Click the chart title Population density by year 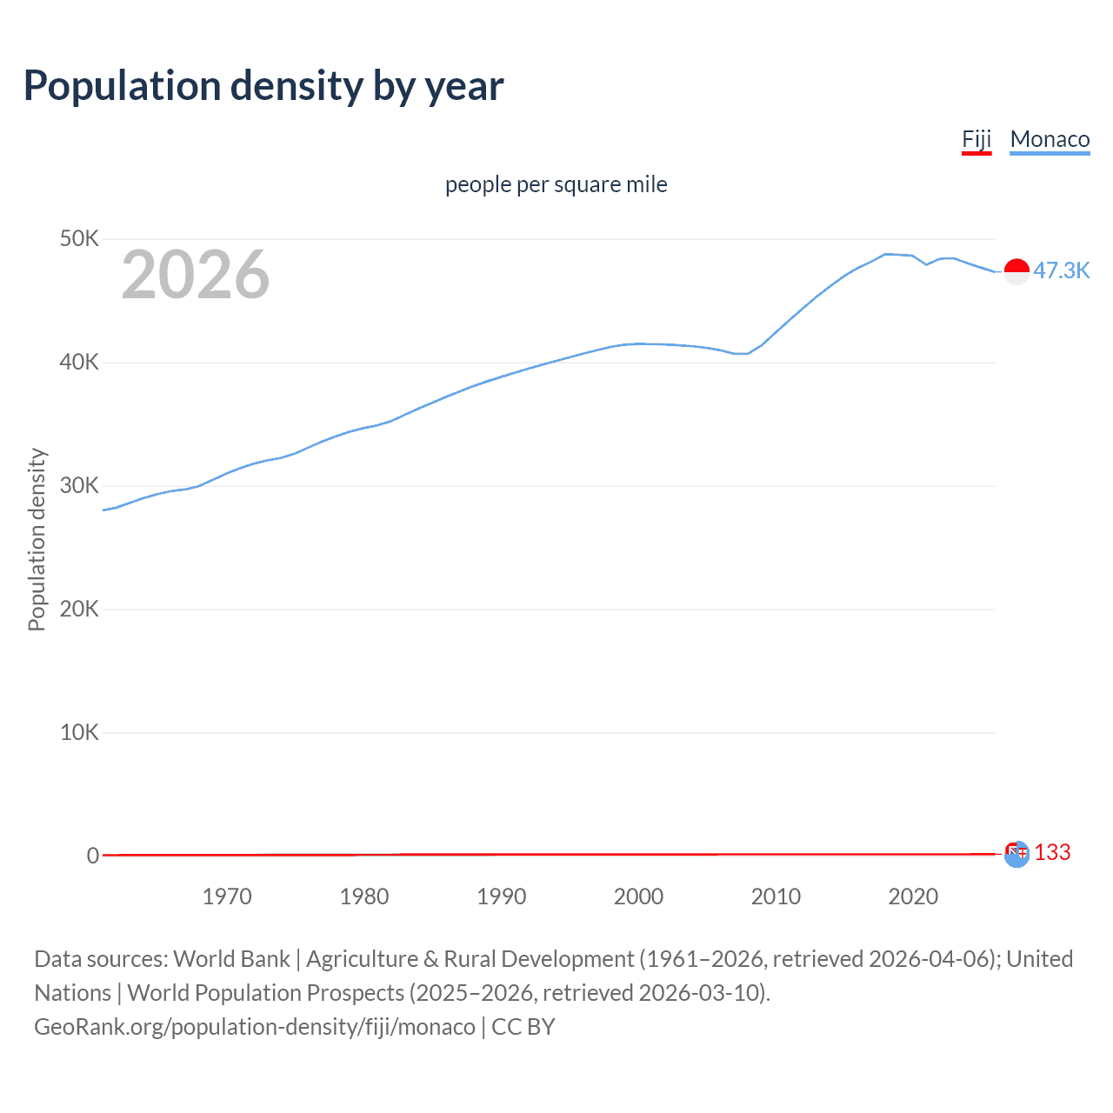pos(263,86)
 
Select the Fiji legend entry pos(976,139)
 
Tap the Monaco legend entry pos(1050,139)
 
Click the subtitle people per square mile pos(556,184)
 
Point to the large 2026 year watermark pos(196,275)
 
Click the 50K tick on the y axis pos(79,238)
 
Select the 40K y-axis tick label pos(79,362)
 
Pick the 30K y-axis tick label pos(79,485)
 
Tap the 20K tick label pos(79,609)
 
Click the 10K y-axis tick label pos(79,732)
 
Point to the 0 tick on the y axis pos(92,856)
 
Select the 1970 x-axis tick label pos(227,896)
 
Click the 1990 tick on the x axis pos(502,896)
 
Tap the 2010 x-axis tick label pos(776,896)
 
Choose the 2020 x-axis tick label pos(913,896)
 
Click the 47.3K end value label pos(1061,270)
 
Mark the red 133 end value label pos(1052,852)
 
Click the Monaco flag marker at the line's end pos(1016,271)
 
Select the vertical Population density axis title pos(37,539)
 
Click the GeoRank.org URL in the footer pos(255,1027)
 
